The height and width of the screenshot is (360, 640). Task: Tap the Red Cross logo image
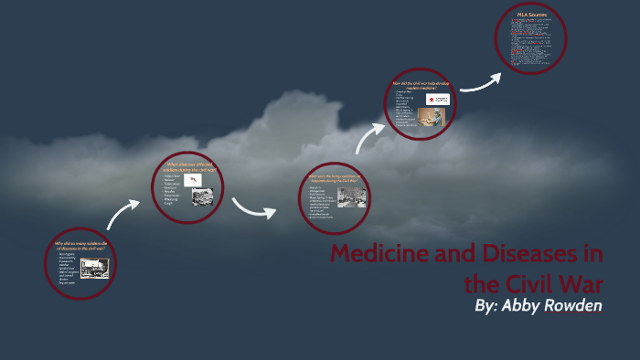(437, 99)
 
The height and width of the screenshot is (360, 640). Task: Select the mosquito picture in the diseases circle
(195, 181)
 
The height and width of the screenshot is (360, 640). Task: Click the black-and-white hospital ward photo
(352, 196)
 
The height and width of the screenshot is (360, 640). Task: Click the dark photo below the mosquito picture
(201, 196)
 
